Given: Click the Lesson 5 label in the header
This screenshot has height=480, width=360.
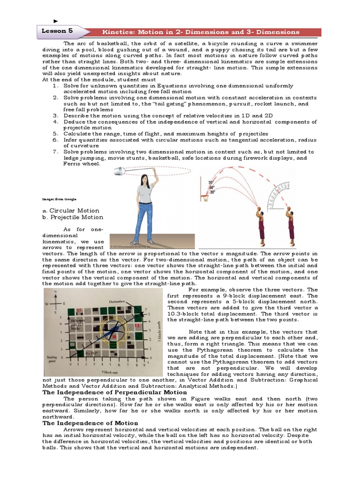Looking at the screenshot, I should (58, 31).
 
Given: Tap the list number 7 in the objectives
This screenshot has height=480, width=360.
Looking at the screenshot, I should (55, 151).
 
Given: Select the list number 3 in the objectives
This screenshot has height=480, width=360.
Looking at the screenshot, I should (55, 115).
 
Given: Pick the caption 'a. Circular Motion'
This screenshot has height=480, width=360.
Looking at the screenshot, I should (71, 210).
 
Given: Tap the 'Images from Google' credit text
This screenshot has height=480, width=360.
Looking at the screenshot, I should (59, 199).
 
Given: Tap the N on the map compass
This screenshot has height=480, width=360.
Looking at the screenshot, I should (56, 292).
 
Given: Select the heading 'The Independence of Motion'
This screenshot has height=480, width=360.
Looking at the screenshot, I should (90, 423).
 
